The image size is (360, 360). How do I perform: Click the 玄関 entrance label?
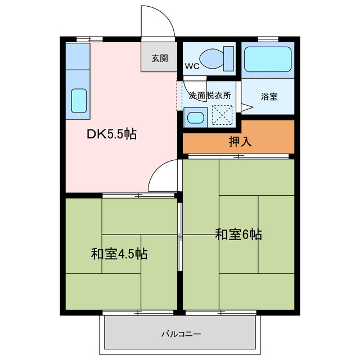159,58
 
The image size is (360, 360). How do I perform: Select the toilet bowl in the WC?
212,57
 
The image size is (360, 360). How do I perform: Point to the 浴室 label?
268,96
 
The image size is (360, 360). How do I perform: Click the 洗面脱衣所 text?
210,96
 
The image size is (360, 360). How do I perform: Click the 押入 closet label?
240,141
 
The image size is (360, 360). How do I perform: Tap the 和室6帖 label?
238,234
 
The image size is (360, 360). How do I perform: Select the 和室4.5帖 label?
119,254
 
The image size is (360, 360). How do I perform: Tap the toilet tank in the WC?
228,57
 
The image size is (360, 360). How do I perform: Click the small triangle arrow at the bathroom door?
246,107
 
